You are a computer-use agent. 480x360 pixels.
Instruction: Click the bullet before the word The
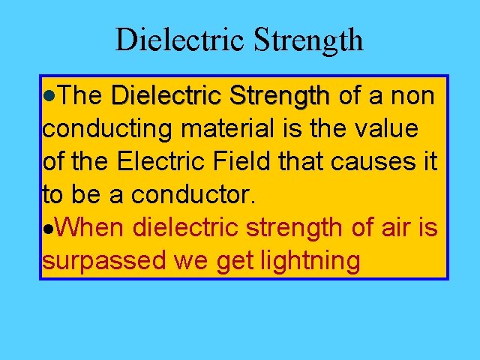pyautogui.click(x=49, y=97)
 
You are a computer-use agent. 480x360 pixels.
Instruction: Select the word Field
pyautogui.click(x=247, y=161)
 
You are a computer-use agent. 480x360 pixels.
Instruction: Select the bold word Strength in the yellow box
pyautogui.click(x=280, y=97)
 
